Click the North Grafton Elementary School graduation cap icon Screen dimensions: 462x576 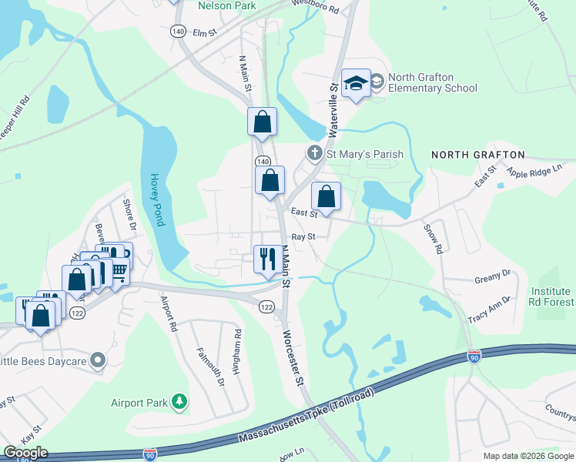tap(356, 82)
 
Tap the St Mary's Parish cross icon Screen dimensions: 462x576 tap(314, 154)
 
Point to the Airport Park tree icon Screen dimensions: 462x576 tap(179, 400)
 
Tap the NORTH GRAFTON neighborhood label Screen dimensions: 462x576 tap(477, 155)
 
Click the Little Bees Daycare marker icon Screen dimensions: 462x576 tap(97, 360)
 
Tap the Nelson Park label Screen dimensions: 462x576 tap(226, 5)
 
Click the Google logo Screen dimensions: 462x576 tap(25, 453)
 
